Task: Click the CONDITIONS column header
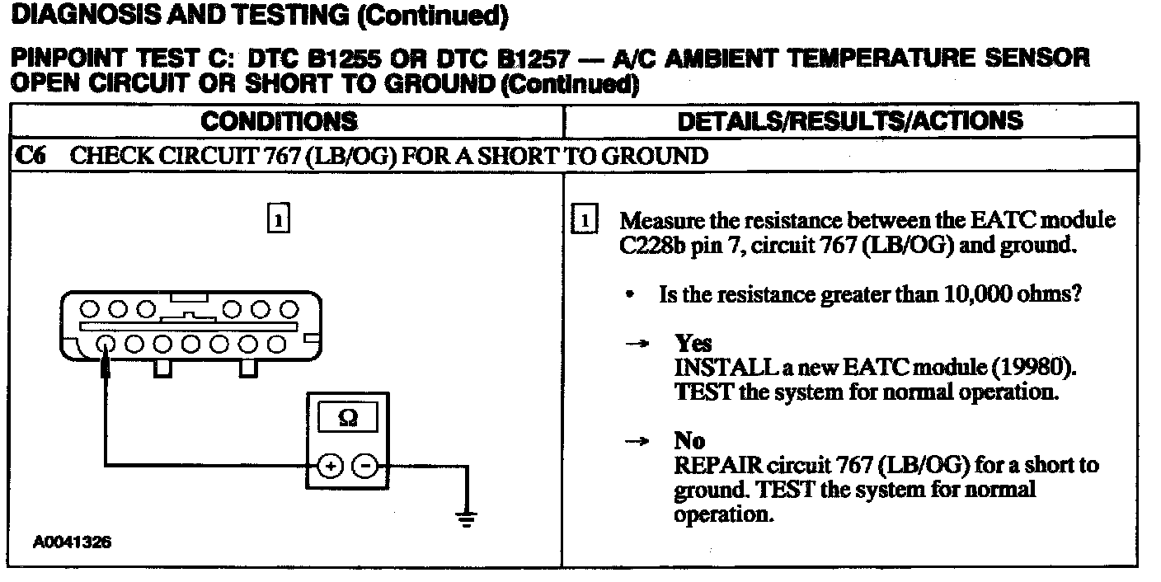280,122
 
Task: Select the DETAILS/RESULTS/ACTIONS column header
849,122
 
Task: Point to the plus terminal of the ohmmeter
330,467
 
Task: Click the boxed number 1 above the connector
280,220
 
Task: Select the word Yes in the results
693,344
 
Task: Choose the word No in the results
689,442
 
